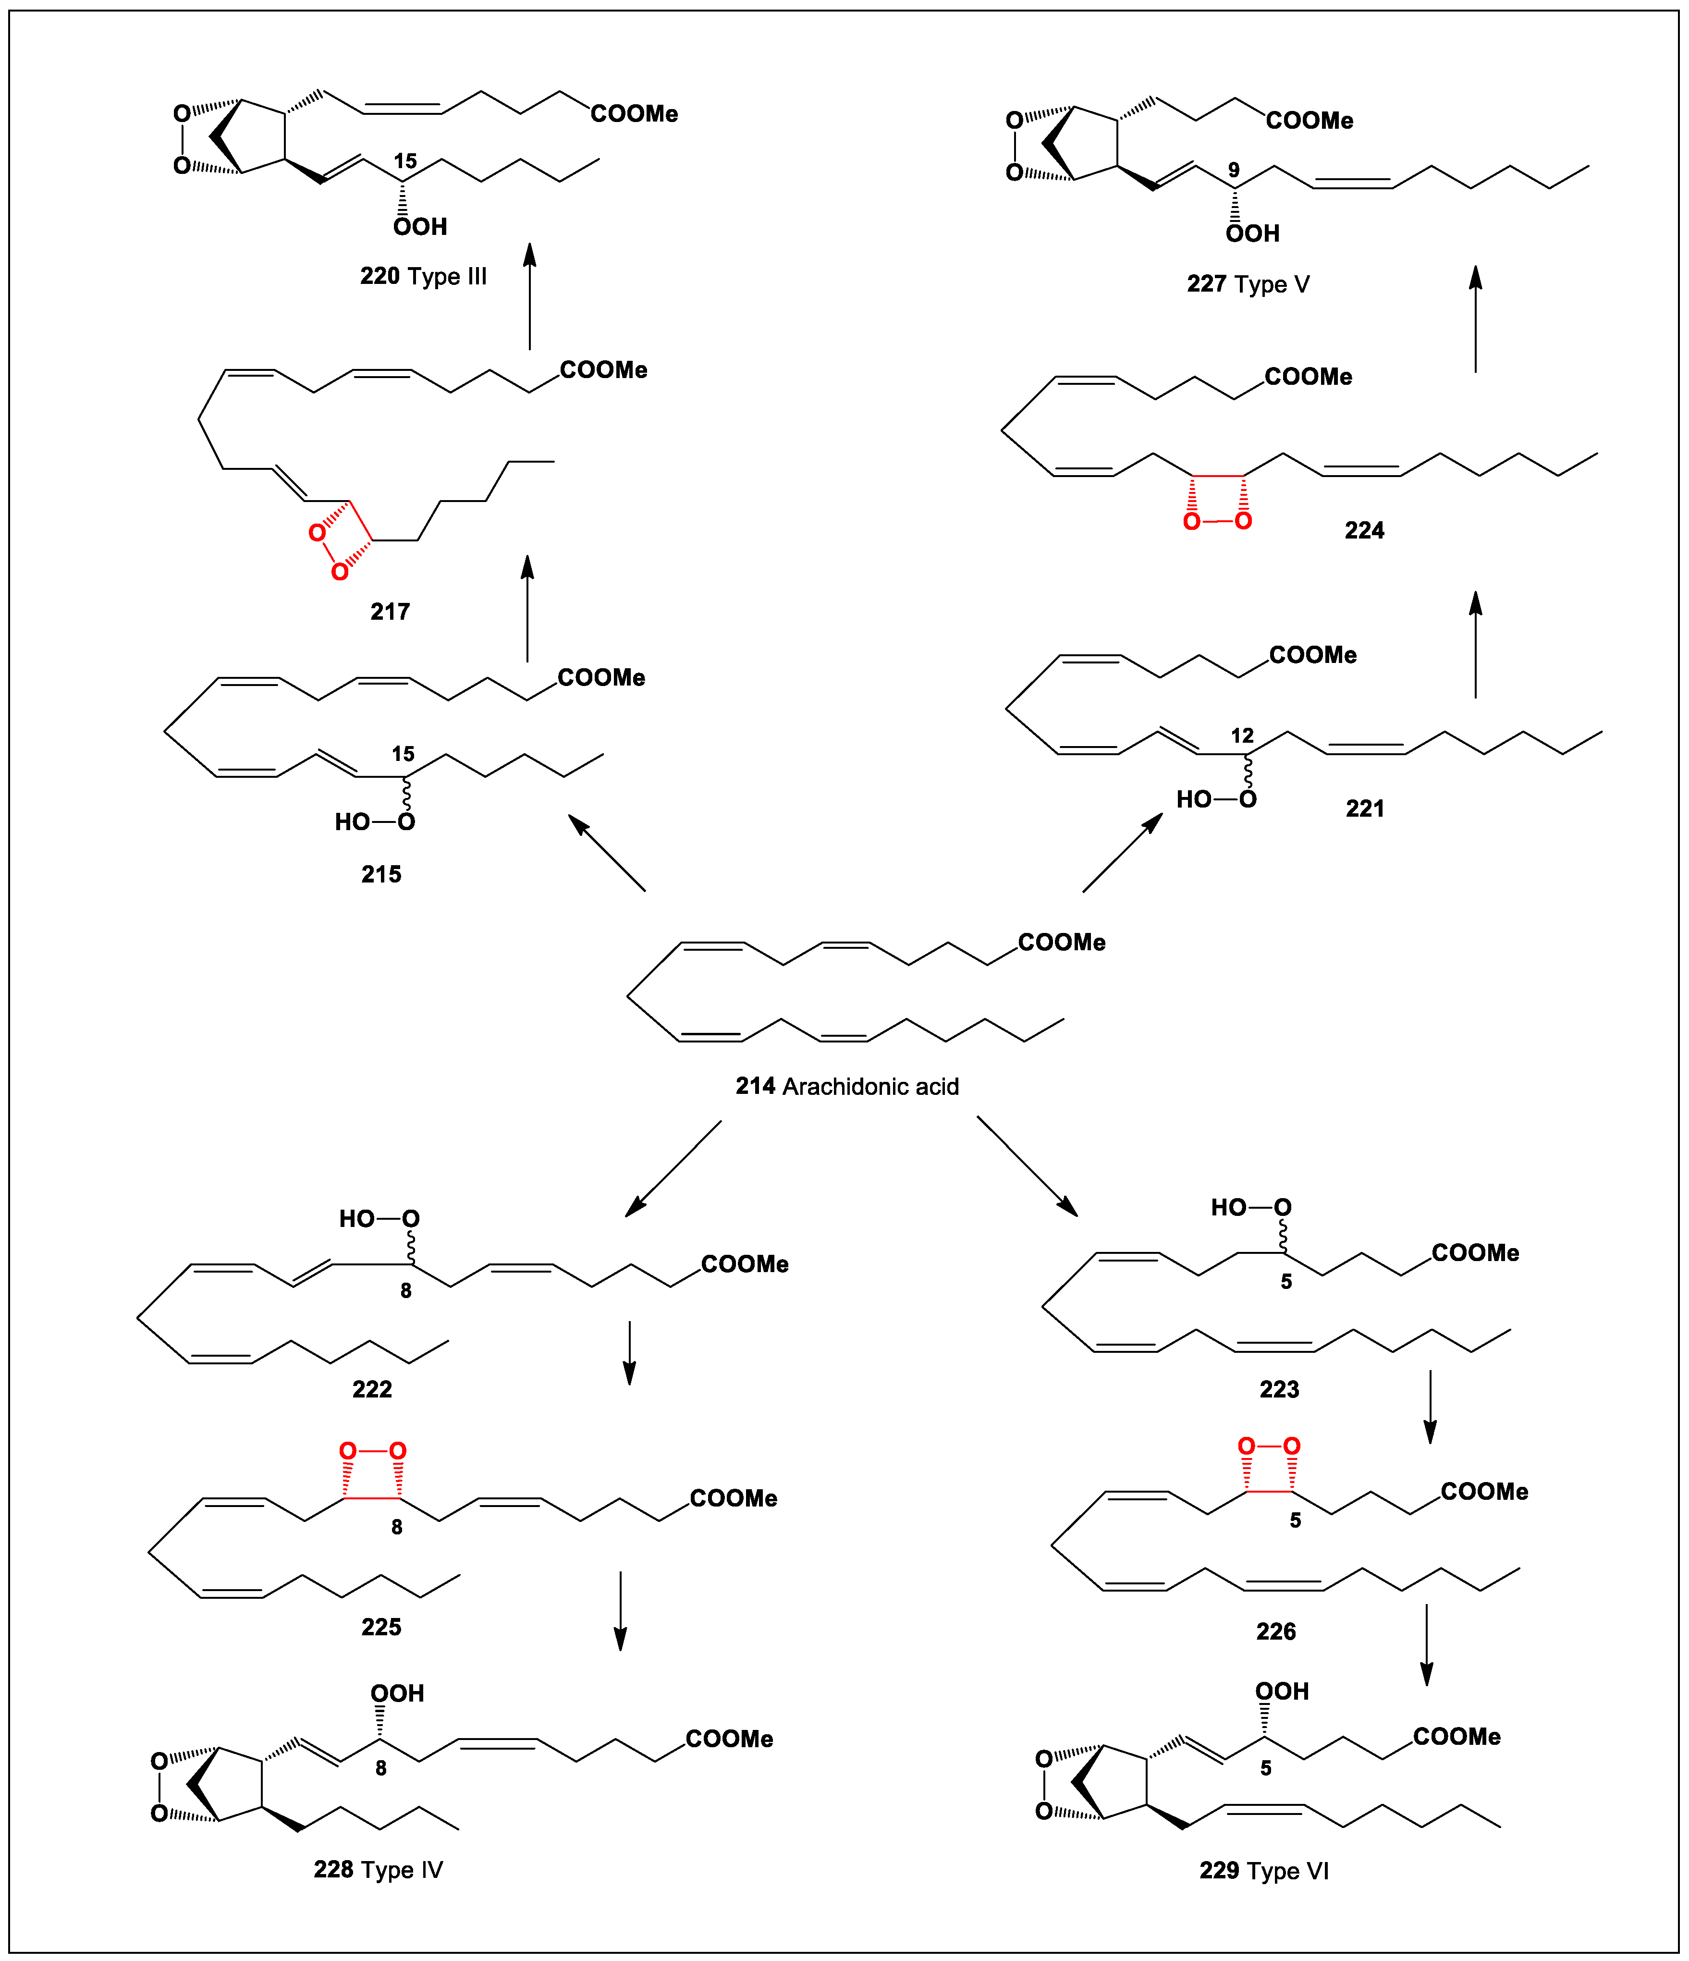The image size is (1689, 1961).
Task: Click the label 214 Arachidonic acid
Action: click(x=847, y=1087)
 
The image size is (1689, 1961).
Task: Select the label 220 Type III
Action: click(x=423, y=276)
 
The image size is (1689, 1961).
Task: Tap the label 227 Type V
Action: click(x=1248, y=284)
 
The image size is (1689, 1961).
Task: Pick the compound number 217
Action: click(x=390, y=612)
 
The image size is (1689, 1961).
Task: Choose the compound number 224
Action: click(x=1364, y=531)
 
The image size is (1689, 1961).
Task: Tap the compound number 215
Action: click(x=381, y=874)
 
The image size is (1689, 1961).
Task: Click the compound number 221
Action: click(x=1364, y=808)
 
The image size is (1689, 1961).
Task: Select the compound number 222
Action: click(x=372, y=1389)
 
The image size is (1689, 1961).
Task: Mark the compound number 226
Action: click(x=1275, y=1631)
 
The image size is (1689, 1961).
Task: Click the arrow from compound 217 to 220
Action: click(x=530, y=296)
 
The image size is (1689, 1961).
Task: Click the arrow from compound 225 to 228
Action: click(x=621, y=1612)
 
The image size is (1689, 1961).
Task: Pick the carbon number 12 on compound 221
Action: click(x=1242, y=735)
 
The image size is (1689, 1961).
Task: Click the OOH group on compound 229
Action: click(x=1282, y=1691)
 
